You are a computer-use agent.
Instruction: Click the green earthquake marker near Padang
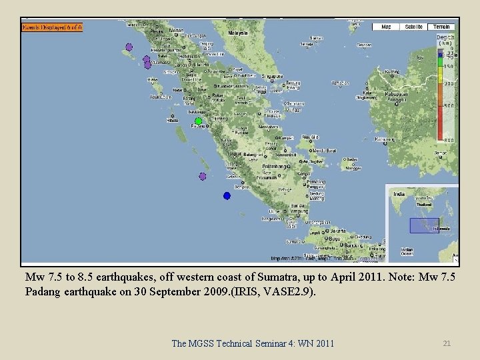(x=198, y=121)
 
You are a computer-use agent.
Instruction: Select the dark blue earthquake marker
(x=227, y=195)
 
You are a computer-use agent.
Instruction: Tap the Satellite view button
(x=413, y=27)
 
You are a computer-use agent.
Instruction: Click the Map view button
(x=386, y=27)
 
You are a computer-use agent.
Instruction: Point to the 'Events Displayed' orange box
(x=52, y=27)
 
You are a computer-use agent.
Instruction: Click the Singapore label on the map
(x=272, y=76)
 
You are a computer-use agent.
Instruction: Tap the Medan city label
(x=176, y=30)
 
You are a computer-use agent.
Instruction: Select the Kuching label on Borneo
(x=393, y=71)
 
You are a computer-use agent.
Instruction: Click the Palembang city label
(x=275, y=166)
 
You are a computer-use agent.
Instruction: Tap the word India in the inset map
(x=399, y=195)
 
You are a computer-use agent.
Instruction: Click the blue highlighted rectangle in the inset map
(x=424, y=225)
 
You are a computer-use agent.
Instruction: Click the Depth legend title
(x=445, y=38)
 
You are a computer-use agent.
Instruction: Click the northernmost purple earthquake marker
(x=129, y=47)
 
